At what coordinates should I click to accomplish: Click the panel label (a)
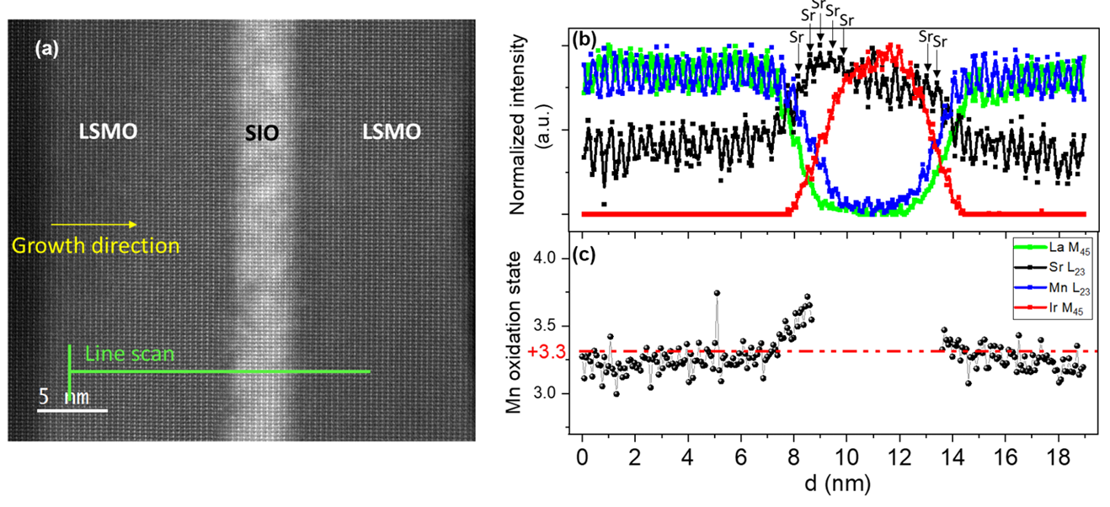(47, 49)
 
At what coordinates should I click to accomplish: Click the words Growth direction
(95, 246)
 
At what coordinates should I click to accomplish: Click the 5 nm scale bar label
(64, 396)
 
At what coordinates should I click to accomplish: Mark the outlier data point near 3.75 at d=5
(717, 293)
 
